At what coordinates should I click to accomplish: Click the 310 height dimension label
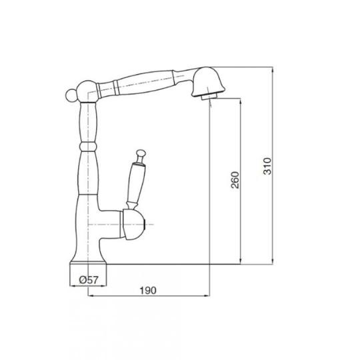[x=267, y=166]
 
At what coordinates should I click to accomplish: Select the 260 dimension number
[x=235, y=180]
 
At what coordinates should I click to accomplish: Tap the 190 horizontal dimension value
[x=148, y=291]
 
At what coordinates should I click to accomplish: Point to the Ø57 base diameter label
[x=89, y=280]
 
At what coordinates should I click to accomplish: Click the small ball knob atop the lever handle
[x=141, y=153]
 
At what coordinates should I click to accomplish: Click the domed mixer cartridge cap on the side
[x=133, y=225]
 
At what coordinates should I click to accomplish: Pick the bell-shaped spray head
[x=208, y=82]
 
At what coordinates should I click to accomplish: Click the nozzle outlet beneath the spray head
[x=209, y=96]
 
